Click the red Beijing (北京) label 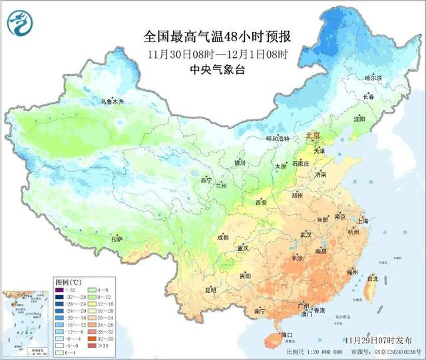pyautogui.click(x=314, y=136)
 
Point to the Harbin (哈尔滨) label pyautogui.click(x=374, y=78)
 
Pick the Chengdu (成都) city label pyautogui.click(x=222, y=237)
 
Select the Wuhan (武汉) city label pyautogui.click(x=306, y=235)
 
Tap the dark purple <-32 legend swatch pyautogui.click(x=60, y=291)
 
